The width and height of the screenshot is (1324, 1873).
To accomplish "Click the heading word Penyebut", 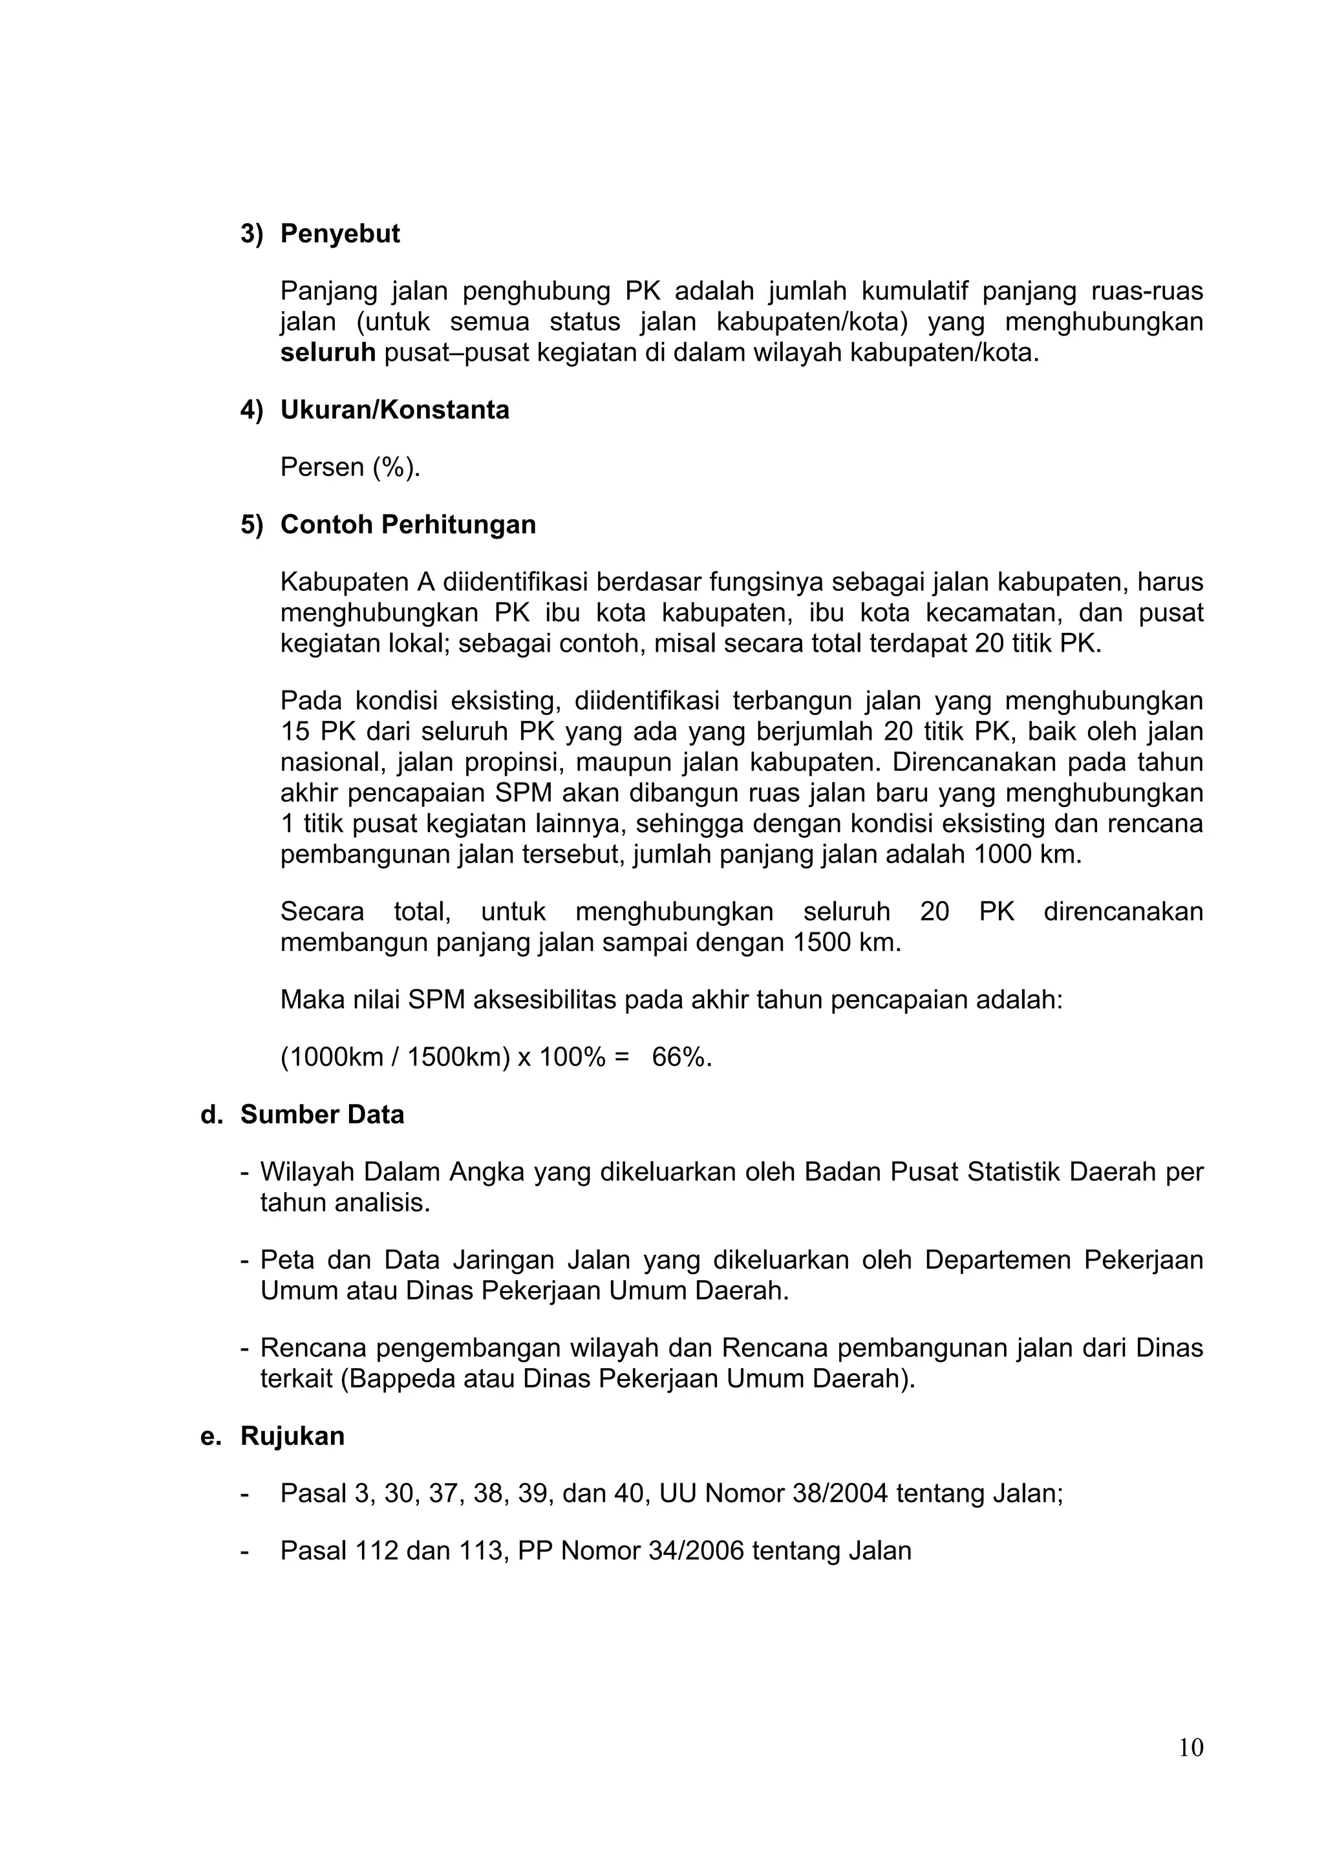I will (x=339, y=234).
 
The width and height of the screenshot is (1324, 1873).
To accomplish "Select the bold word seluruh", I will (x=327, y=353).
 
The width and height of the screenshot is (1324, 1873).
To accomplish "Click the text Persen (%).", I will (x=350, y=467).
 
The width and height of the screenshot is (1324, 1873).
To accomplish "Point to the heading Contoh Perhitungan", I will (x=408, y=524).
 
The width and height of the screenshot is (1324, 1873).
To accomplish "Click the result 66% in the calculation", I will (x=681, y=1058).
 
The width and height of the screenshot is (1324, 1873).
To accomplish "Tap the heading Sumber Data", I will (x=321, y=1115).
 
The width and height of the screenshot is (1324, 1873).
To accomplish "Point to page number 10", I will (x=1190, y=1771).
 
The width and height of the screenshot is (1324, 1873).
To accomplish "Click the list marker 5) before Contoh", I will (x=251, y=524).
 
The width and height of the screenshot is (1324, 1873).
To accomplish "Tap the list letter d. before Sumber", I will (x=211, y=1115).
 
